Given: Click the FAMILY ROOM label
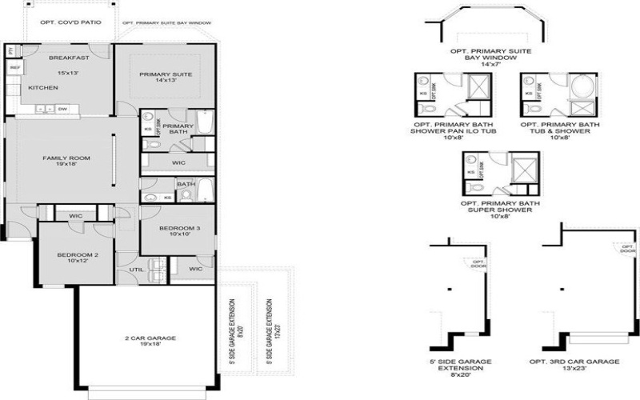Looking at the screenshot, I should (x=66, y=158).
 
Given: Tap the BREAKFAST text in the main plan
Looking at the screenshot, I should (x=69, y=58).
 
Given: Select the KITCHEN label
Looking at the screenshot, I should (x=43, y=87).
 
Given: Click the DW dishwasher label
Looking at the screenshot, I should (x=62, y=108).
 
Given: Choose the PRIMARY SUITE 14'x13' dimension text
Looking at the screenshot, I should (x=166, y=81).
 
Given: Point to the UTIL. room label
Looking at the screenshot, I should (x=137, y=270).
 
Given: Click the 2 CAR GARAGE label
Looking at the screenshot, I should (x=150, y=338).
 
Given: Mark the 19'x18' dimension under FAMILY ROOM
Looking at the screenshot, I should (x=66, y=166).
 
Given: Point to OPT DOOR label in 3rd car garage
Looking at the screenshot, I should (x=627, y=248).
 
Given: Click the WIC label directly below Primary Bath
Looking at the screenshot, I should (x=178, y=162).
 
